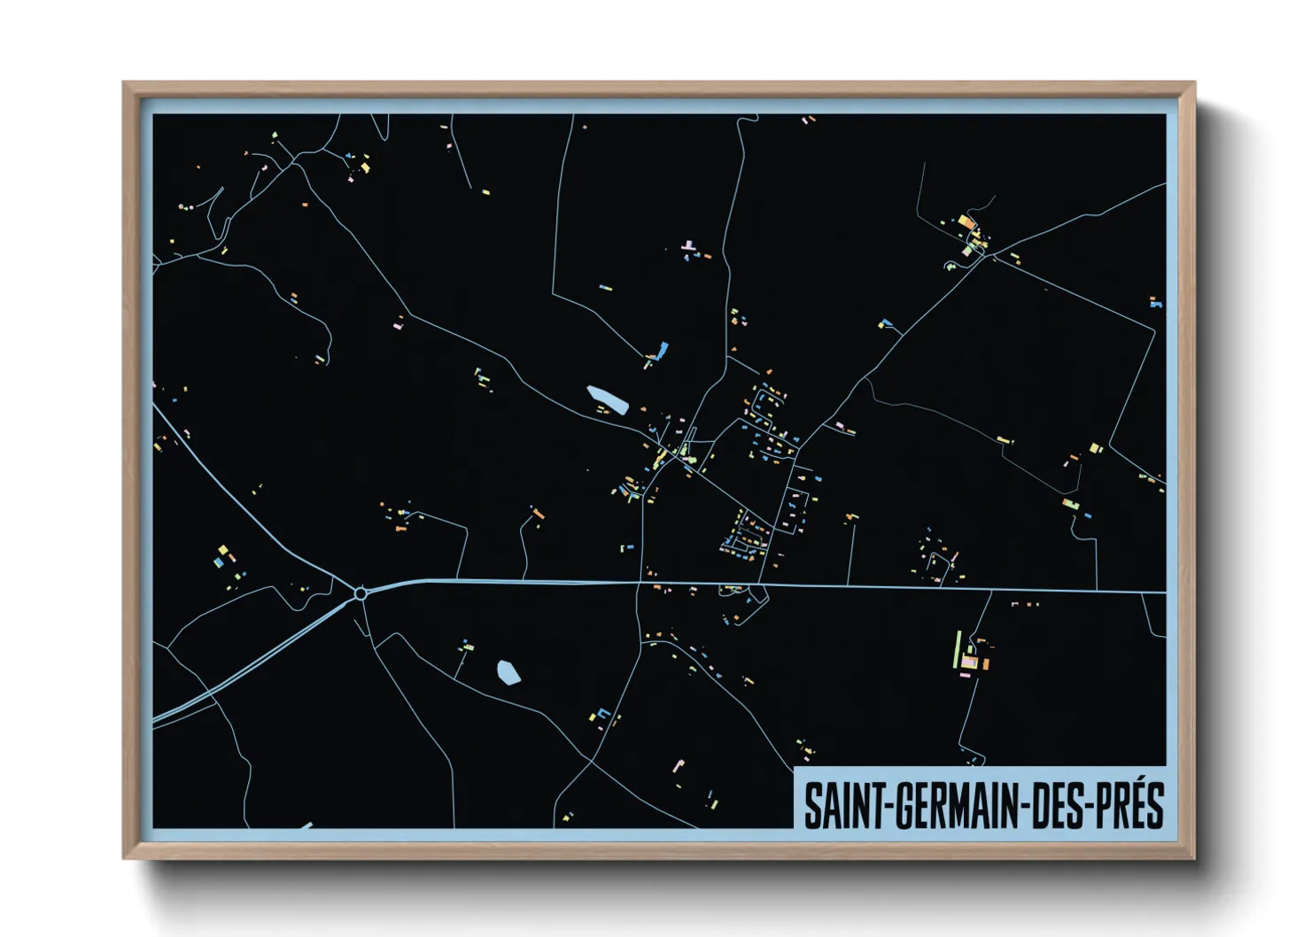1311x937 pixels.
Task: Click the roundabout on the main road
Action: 360,593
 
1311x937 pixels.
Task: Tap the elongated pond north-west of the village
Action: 608,399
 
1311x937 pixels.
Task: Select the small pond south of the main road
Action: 508,672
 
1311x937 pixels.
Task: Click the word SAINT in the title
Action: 845,805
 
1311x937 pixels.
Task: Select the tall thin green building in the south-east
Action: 958,650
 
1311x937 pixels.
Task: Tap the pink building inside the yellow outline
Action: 969,662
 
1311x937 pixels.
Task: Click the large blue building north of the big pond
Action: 663,350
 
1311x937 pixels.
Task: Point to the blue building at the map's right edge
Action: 1154,302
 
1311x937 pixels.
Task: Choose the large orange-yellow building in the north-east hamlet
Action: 966,221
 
